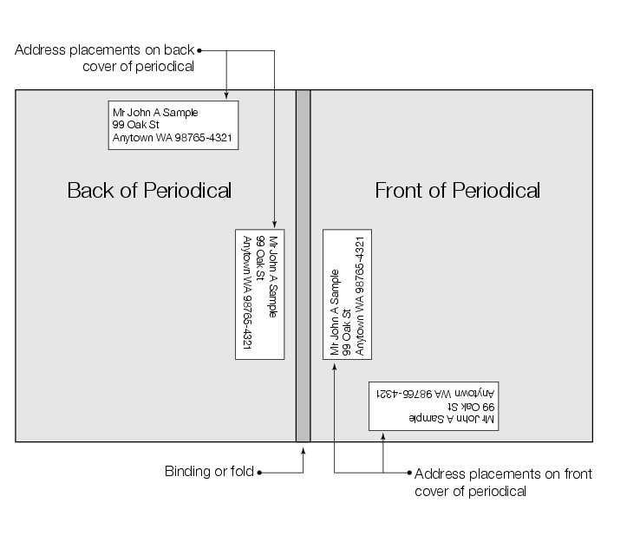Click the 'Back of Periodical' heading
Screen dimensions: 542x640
click(149, 190)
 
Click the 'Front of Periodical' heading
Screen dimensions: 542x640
click(457, 190)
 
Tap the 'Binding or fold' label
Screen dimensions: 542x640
click(208, 472)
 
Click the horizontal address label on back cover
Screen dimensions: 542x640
click(173, 126)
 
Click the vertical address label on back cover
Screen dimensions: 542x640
click(260, 294)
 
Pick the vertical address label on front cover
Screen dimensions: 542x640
click(347, 294)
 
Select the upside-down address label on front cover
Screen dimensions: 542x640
click(433, 405)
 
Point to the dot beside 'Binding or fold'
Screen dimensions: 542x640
click(259, 473)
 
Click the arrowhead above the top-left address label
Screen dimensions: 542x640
click(226, 96)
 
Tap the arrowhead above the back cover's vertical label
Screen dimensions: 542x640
click(273, 224)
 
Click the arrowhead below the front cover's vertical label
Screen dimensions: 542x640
click(335, 368)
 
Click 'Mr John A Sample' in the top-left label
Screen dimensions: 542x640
click(155, 113)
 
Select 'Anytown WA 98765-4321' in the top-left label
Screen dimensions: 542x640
click(172, 138)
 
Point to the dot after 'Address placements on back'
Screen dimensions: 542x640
click(199, 50)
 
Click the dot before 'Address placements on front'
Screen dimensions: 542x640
click(409, 473)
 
